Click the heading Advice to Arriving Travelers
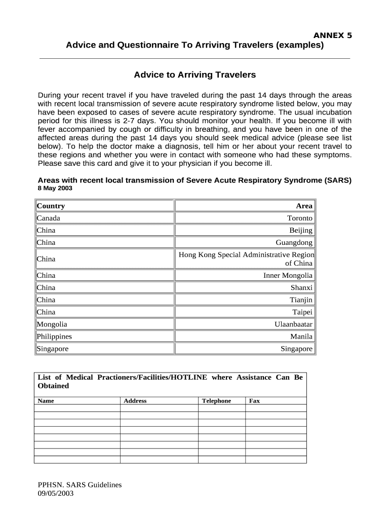195,75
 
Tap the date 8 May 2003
55,188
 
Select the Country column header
51,206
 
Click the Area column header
304,206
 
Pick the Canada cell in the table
49,218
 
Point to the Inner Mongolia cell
288,275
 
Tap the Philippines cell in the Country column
54,336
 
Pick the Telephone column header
216,401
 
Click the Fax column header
254,401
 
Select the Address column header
135,401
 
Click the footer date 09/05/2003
56,493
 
